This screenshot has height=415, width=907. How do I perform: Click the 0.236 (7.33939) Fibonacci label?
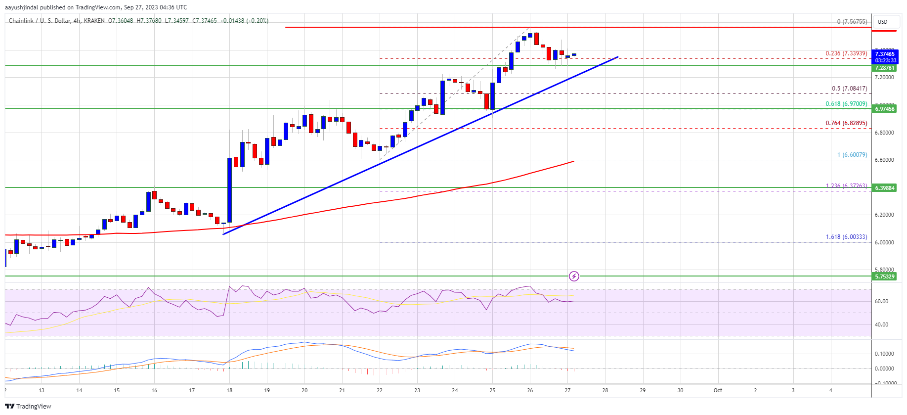point(846,53)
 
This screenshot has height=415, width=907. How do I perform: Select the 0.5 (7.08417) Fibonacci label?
point(849,89)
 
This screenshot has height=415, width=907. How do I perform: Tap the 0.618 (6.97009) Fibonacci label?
point(846,104)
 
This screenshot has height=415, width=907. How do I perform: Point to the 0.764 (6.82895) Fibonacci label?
point(846,123)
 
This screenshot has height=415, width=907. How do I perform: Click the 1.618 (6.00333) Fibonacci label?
point(846,237)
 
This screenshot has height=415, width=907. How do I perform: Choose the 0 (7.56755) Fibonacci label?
point(852,22)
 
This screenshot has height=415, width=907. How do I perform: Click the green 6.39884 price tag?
point(885,188)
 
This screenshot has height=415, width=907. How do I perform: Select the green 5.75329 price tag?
point(885,277)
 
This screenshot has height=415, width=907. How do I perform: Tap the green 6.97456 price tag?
point(885,109)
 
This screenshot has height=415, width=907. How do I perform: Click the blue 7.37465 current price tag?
point(885,54)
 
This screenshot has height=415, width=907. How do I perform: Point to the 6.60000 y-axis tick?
point(884,160)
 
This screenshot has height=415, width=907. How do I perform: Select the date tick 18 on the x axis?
point(229,390)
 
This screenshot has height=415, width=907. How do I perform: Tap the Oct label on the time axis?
point(718,390)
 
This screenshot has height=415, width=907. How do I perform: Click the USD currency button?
point(882,22)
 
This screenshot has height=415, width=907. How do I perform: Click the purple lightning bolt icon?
point(574,276)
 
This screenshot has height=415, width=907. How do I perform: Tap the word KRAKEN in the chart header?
point(94,21)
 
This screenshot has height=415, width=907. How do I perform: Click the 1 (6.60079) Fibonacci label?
point(852,155)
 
